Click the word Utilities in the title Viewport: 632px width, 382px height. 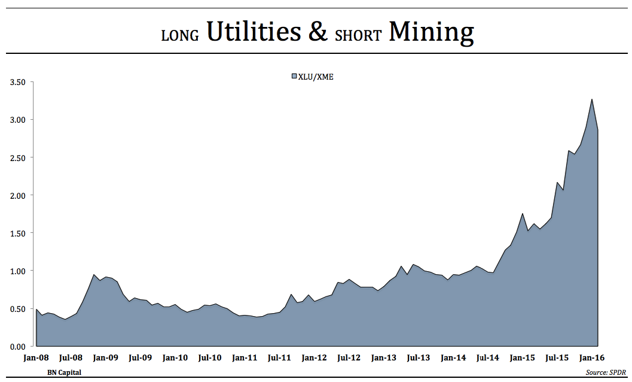click(253, 32)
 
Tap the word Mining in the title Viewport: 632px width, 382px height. click(431, 32)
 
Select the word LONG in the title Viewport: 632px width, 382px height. click(180, 35)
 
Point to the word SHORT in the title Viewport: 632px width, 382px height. click(358, 35)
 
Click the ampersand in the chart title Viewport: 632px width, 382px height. click(317, 32)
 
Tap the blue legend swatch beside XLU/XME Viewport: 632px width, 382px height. click(294, 77)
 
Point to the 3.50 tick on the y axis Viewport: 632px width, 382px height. click(17, 82)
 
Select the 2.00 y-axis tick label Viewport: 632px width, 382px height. click(17, 195)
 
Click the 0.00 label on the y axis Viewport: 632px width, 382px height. click(17, 347)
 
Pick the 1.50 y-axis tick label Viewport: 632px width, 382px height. click(17, 233)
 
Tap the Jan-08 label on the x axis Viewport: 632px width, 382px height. click(36, 358)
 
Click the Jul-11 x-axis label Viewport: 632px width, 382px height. click(279, 358)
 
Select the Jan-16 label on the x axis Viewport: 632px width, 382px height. click(592, 358)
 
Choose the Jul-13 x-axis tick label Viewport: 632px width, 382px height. click(418, 358)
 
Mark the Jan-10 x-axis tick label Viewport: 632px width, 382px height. click(175, 358)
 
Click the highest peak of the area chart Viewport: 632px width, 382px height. click(592, 100)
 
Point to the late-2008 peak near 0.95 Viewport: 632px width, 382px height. click(94, 275)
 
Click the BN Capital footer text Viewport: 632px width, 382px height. click(64, 372)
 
